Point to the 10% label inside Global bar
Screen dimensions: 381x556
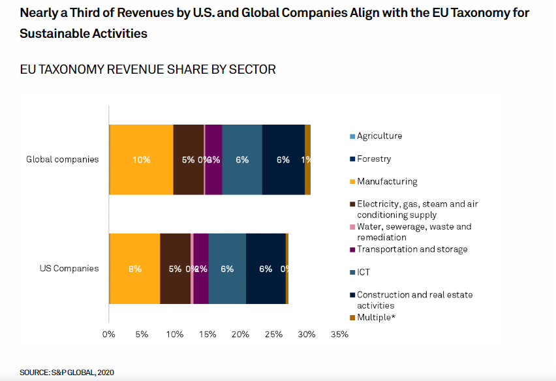141,160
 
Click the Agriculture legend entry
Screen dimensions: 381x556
379,136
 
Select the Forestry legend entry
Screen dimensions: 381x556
373,159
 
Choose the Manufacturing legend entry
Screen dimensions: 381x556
386,181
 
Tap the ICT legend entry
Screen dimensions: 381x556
364,271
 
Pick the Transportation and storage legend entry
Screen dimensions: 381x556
412,249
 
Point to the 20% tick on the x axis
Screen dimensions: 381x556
240,335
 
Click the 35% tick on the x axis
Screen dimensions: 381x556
339,335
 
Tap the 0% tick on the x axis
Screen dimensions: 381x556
109,335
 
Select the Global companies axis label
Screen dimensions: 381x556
63,159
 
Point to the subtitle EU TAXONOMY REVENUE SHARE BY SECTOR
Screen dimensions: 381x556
147,69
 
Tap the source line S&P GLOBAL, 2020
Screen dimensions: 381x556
67,372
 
